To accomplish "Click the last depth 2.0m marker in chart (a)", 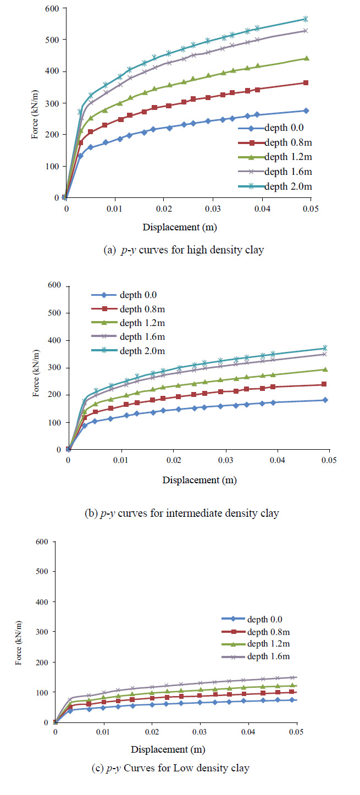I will click(321, 19).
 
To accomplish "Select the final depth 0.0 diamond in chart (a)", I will click(321, 111).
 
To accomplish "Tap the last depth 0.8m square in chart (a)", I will click(321, 83).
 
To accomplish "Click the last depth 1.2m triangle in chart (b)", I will click(325, 369).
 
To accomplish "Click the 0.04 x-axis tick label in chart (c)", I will click(248, 732).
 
